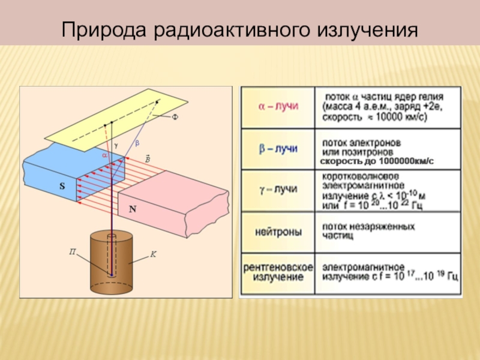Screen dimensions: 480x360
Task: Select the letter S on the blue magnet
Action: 62,187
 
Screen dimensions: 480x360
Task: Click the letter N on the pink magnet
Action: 133,210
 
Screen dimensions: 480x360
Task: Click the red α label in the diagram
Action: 104,154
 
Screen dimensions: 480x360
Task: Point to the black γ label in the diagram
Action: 116,145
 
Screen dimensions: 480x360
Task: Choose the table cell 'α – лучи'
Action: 278,107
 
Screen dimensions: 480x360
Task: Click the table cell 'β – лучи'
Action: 278,148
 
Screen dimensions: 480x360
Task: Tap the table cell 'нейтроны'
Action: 278,231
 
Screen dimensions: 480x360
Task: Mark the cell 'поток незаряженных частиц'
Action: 368,232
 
